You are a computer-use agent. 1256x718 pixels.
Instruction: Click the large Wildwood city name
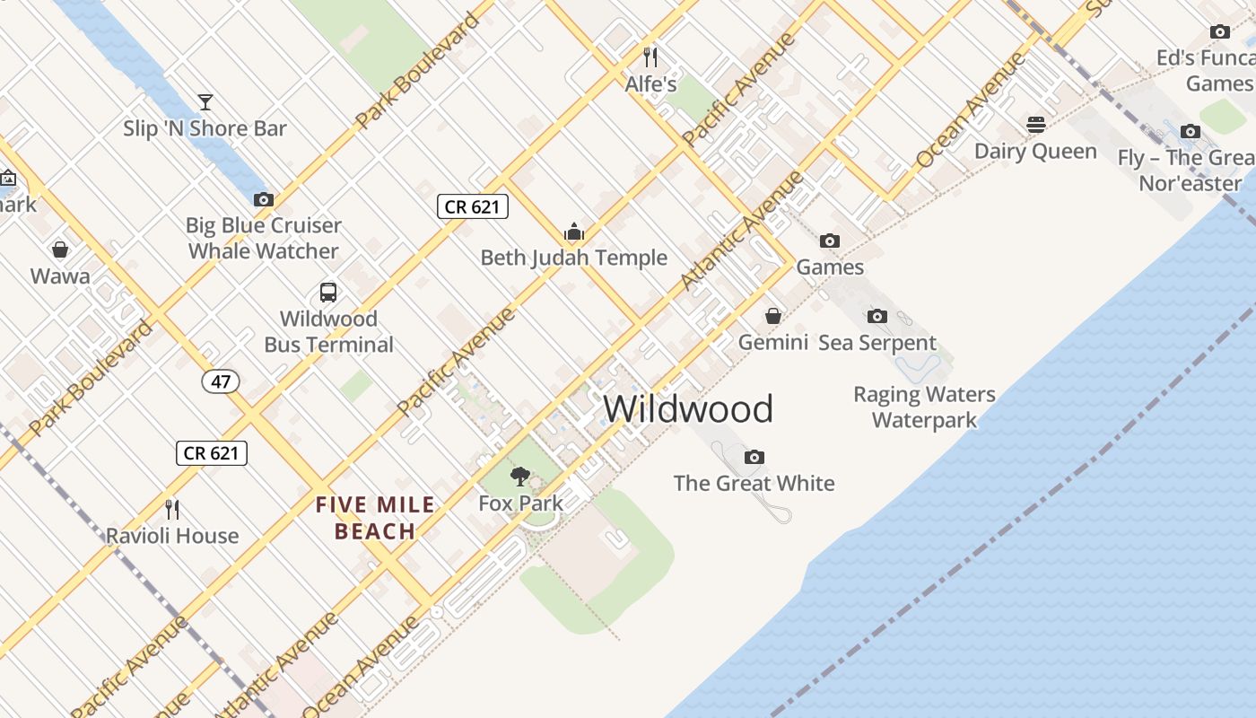click(688, 409)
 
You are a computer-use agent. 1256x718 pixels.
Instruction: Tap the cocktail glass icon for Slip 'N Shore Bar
click(205, 102)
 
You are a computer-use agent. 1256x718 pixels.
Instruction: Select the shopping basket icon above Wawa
click(60, 250)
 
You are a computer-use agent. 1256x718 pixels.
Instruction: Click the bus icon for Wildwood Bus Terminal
click(328, 293)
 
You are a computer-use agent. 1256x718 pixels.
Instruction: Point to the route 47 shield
click(221, 381)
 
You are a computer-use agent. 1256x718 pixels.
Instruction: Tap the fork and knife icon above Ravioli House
click(172, 510)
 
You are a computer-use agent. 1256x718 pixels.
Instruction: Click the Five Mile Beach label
click(375, 519)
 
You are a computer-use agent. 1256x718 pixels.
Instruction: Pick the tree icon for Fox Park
click(519, 477)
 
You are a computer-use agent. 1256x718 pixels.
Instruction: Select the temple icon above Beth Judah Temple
click(574, 232)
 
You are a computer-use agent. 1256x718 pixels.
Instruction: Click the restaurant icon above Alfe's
click(650, 58)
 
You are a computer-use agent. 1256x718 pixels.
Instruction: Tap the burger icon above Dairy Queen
click(1036, 125)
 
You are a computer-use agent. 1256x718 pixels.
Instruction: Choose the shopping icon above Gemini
click(772, 316)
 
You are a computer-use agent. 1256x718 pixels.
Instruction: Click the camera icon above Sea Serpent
click(877, 316)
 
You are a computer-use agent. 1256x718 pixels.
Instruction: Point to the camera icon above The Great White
click(754, 458)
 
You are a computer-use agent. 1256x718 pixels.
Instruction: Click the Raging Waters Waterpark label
click(924, 407)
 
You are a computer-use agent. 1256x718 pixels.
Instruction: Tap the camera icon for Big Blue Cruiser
click(263, 199)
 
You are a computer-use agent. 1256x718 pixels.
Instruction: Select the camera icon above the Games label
click(830, 241)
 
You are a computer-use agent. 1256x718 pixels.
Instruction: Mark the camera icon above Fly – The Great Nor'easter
click(1190, 132)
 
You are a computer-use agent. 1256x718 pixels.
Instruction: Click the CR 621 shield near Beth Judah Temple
click(473, 206)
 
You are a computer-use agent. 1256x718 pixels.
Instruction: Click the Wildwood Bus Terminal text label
click(328, 331)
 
